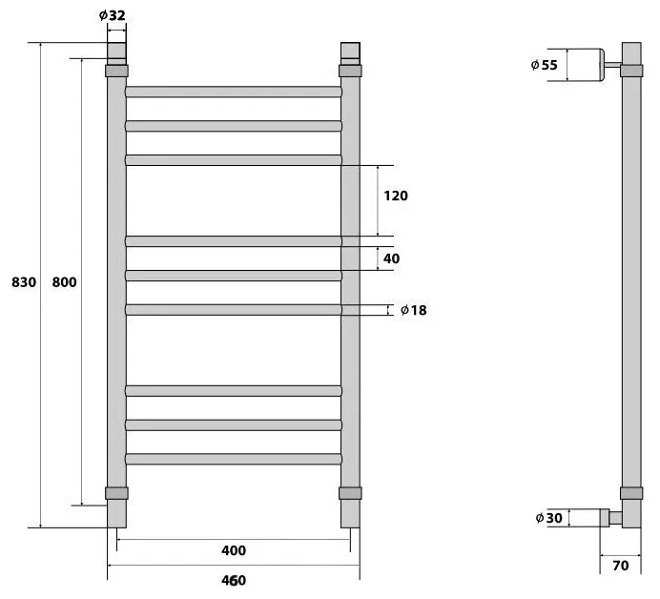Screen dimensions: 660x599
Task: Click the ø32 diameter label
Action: tap(112, 15)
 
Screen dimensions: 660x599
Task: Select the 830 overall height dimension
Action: tap(24, 282)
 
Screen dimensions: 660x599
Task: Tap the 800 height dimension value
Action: tap(65, 282)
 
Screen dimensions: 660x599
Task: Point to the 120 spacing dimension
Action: tap(396, 196)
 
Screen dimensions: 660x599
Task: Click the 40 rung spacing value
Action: tap(391, 258)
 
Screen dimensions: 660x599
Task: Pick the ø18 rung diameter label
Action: tap(414, 310)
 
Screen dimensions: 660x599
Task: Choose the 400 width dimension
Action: tap(234, 550)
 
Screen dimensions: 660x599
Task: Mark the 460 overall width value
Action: tap(234, 581)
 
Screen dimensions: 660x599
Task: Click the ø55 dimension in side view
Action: tap(545, 65)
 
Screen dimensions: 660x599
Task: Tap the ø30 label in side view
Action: tap(548, 518)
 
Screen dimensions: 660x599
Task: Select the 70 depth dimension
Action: tap(621, 566)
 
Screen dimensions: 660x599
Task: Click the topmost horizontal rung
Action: tap(234, 92)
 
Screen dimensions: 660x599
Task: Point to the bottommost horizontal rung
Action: tap(234, 459)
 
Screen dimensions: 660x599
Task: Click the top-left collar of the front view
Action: tap(116, 71)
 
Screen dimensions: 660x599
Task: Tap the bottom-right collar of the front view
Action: tap(350, 493)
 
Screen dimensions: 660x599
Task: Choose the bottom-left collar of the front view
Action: tap(116, 493)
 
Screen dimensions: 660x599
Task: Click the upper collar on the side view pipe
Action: tap(631, 71)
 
